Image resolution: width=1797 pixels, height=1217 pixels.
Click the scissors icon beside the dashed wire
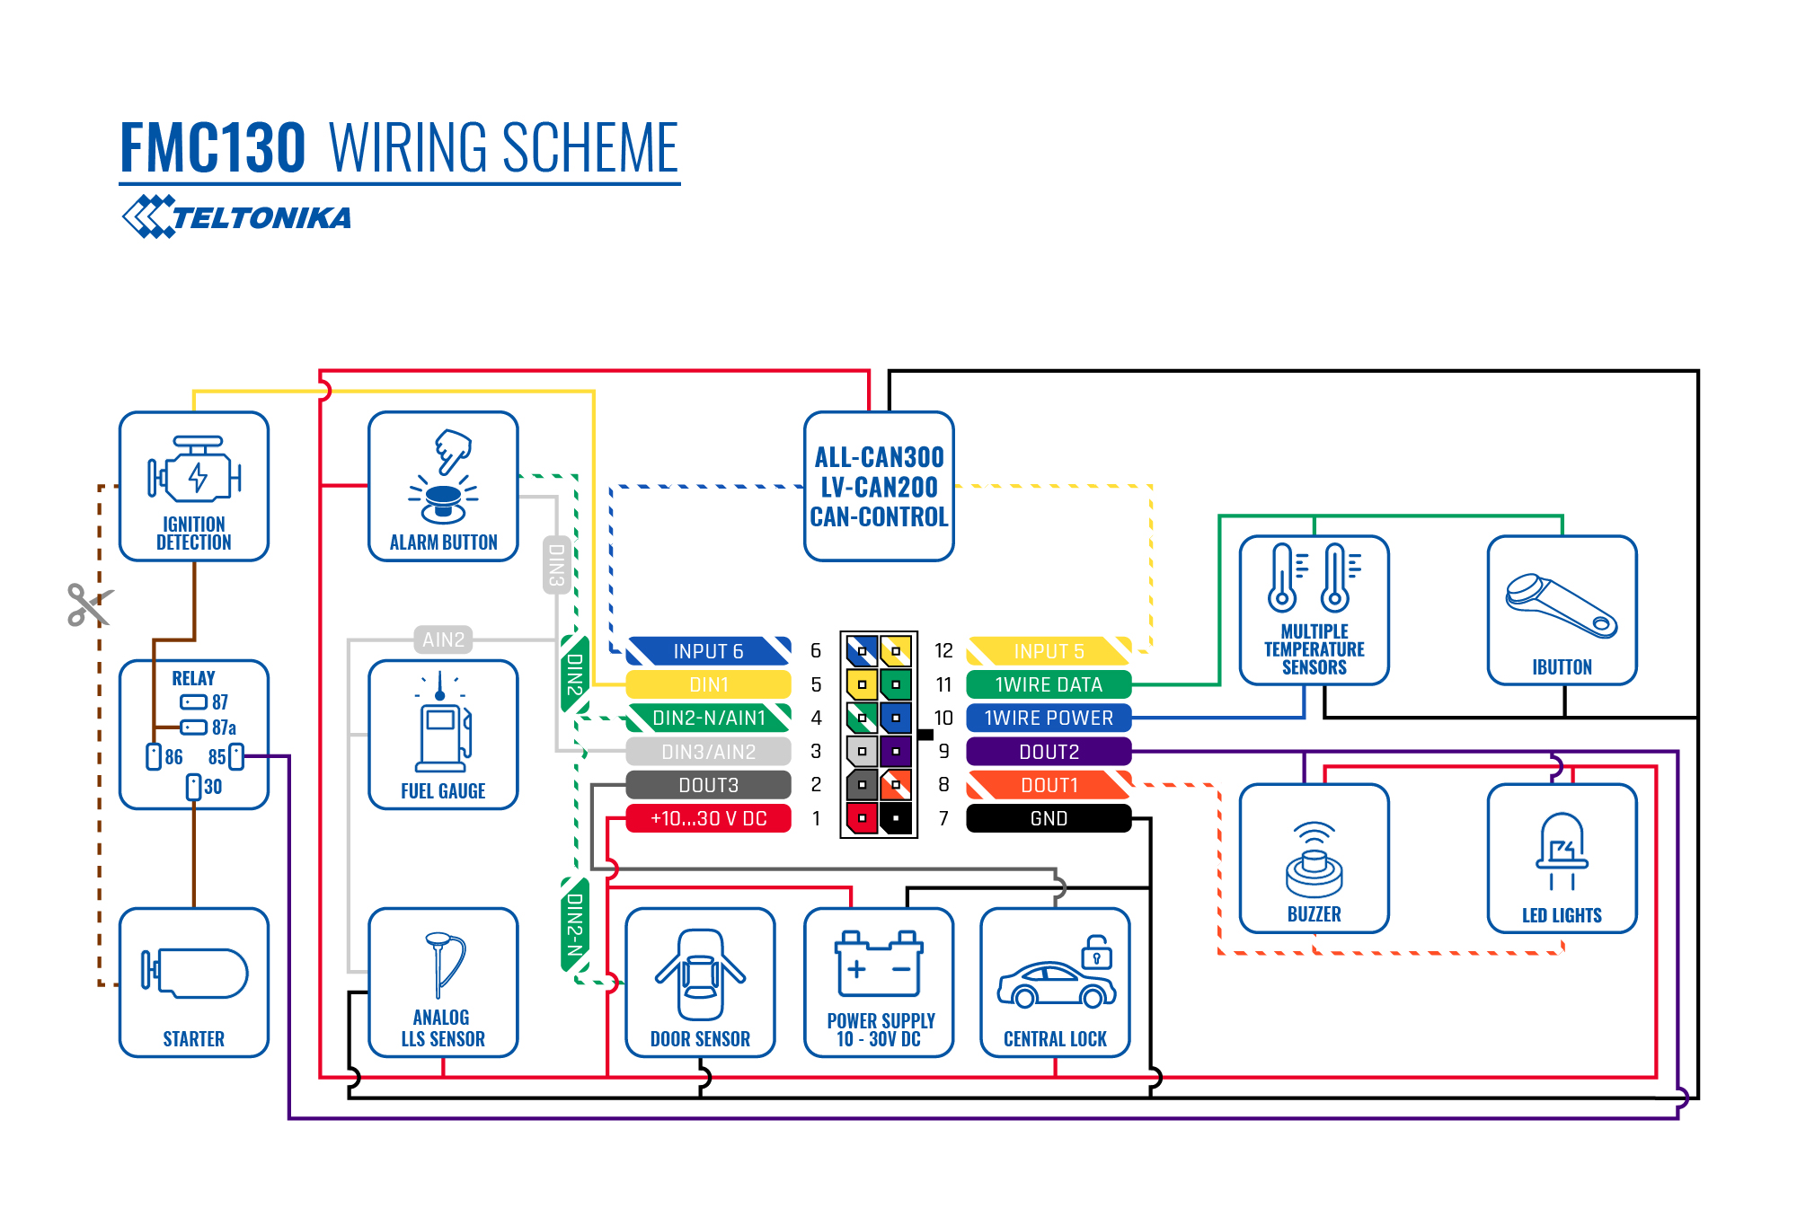point(89,604)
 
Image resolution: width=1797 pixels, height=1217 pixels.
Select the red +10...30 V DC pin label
point(708,818)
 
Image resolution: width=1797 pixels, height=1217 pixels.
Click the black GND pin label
point(1049,818)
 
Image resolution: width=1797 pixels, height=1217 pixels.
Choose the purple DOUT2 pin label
point(1049,752)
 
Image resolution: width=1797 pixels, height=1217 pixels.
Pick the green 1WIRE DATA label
point(1049,684)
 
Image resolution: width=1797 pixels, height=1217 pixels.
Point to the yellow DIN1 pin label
point(708,684)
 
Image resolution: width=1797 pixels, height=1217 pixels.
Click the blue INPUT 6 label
point(708,651)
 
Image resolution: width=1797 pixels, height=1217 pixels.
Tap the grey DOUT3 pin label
point(708,785)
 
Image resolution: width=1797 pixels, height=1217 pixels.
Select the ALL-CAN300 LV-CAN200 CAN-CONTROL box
point(879,487)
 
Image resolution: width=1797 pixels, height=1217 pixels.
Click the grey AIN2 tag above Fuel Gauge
point(444,639)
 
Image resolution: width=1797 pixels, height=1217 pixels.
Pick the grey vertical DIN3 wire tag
point(556,565)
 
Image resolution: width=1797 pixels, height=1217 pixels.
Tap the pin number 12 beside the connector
point(943,650)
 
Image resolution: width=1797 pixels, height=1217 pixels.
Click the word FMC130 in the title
point(213,148)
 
